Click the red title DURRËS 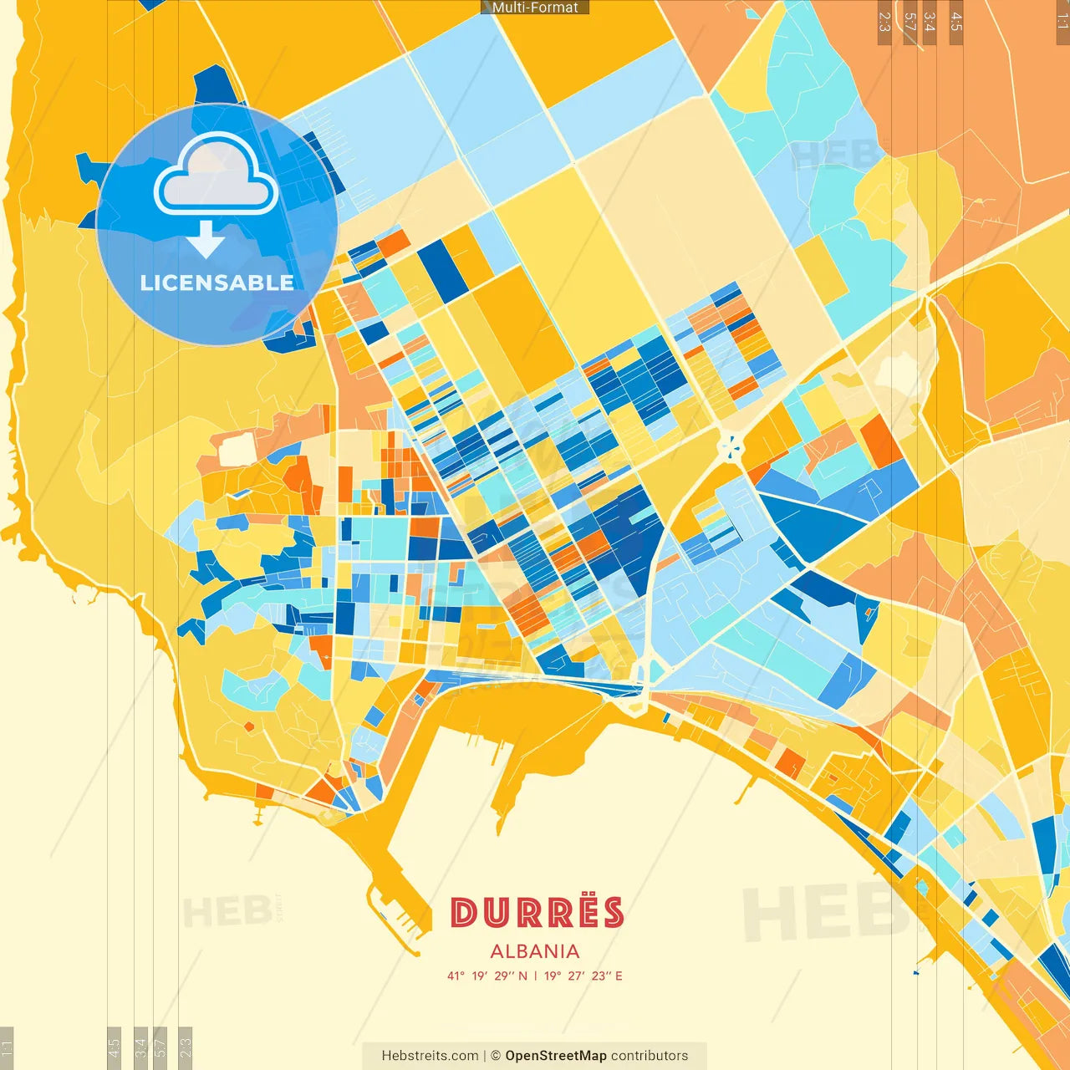[537, 912]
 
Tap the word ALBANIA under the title [535, 951]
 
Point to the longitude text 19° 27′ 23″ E [583, 976]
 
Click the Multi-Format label [535, 8]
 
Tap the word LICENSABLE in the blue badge [217, 283]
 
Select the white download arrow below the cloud [206, 240]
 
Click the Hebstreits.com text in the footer [430, 1056]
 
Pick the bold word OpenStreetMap [556, 1056]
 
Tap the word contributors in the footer [650, 1056]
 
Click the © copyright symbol [496, 1056]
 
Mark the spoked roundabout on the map [731, 447]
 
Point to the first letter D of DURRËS [463, 912]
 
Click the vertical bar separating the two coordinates [535, 976]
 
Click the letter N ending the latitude [522, 976]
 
